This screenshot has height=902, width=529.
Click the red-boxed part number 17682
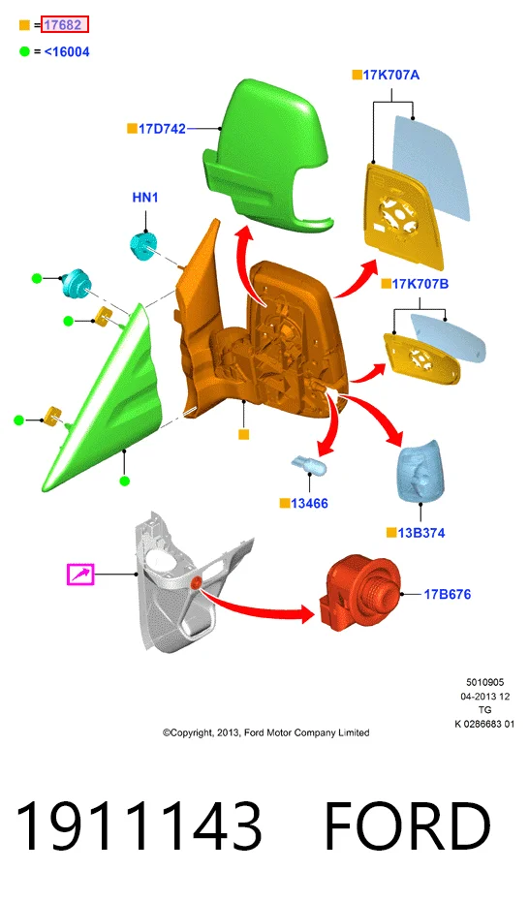point(64,25)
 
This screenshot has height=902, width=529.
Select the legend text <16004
point(67,51)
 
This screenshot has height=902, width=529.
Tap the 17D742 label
point(162,129)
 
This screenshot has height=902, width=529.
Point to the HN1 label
point(145,198)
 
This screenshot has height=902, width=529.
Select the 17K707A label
point(391,75)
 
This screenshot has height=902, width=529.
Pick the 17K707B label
point(420,284)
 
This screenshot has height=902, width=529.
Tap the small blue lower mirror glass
point(450,341)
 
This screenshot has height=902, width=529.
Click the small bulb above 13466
point(309,464)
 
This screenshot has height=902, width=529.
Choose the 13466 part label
point(309,504)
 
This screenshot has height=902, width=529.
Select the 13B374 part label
point(421,533)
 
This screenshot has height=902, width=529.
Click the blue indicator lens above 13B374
point(420,472)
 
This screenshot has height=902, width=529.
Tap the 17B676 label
point(447,594)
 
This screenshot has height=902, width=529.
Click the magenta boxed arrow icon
point(80,575)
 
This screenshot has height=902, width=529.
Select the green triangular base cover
point(101,398)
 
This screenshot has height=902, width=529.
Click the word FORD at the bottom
point(408,826)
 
